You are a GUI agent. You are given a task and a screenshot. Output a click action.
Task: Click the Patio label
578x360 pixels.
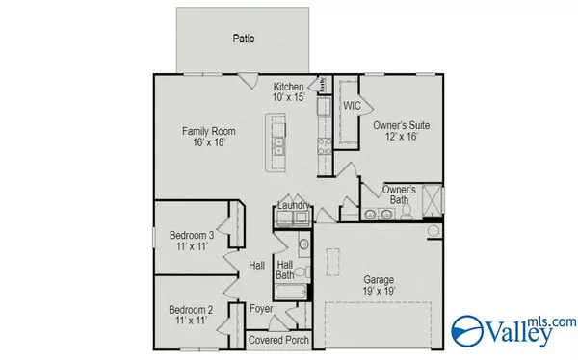click(243, 39)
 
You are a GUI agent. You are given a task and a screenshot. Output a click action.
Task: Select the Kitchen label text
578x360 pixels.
click(288, 86)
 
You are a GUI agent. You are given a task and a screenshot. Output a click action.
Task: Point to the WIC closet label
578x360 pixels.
click(352, 105)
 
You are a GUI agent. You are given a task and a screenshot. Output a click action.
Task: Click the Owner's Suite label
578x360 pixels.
click(401, 125)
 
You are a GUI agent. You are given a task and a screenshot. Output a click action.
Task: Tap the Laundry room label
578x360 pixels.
click(293, 205)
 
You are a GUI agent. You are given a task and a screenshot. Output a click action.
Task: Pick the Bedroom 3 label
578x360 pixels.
click(191, 235)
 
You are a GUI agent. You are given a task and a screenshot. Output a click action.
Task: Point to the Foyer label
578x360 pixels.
click(260, 309)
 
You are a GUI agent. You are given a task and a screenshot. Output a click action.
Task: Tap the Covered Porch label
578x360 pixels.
click(278, 340)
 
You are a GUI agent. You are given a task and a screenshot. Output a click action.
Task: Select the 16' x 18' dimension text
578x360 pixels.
click(208, 142)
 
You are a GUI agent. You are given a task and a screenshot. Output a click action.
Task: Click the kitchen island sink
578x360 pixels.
click(278, 146)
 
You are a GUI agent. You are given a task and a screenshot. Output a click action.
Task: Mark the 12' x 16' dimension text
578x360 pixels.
click(401, 138)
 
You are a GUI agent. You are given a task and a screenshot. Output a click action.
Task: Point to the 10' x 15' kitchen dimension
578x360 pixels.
click(288, 97)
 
